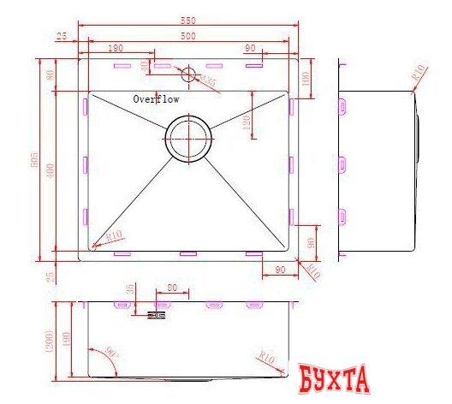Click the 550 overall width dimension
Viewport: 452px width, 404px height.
pos(187,18)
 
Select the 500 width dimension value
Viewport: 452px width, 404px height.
pos(187,35)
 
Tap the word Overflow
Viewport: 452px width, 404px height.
pos(156,99)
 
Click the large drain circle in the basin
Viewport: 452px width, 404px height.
pos(187,139)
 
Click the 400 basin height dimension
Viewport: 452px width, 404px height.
pos(51,170)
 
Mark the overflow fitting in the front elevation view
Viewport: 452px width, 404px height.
pos(156,316)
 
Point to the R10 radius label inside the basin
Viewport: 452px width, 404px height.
pos(112,236)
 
